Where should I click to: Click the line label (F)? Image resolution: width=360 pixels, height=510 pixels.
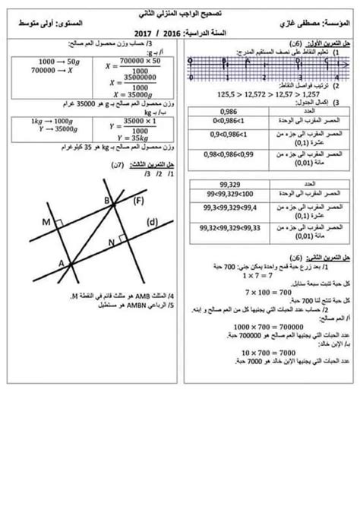click(137, 201)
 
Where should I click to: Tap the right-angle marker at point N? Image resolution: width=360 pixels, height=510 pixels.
click(122, 240)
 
